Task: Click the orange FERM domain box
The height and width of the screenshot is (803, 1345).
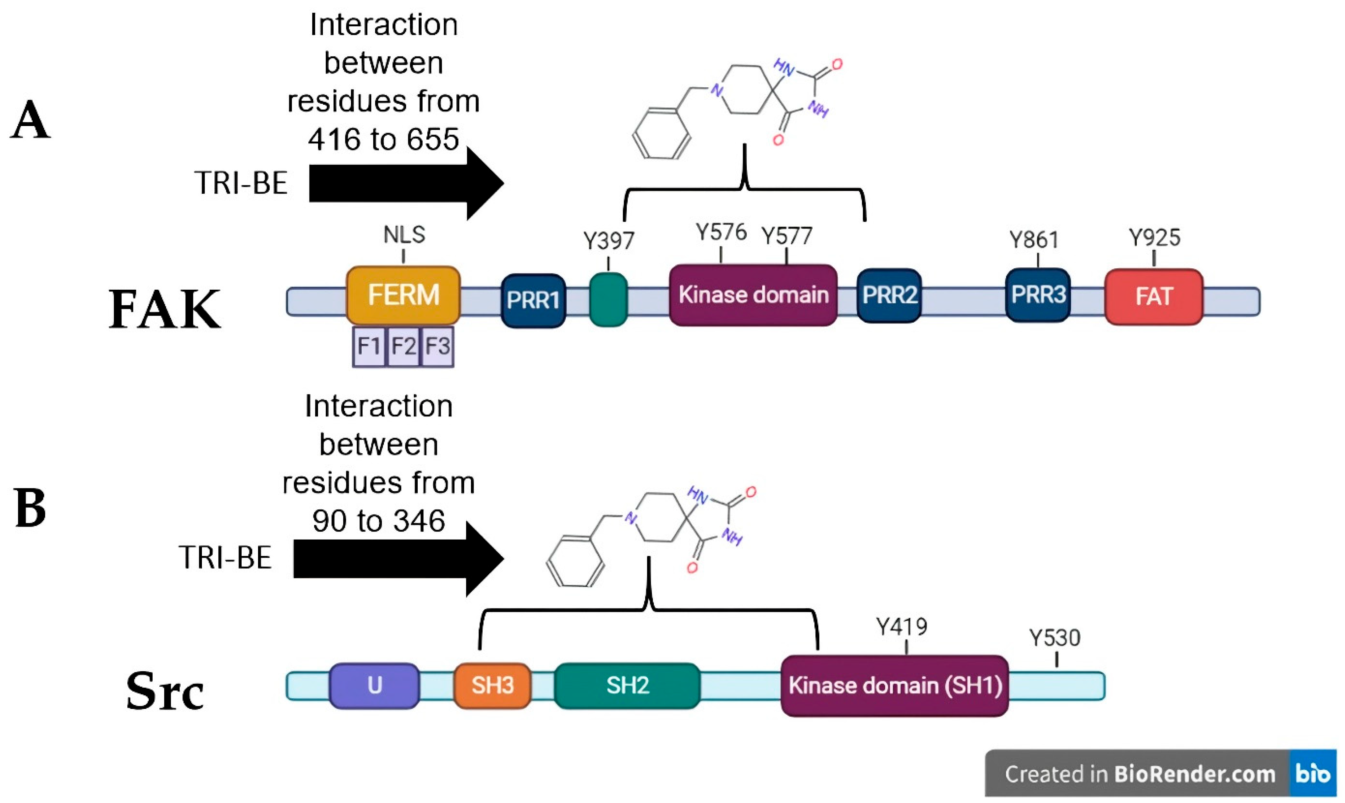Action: [x=403, y=295]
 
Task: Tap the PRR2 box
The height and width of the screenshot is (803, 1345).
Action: [x=889, y=295]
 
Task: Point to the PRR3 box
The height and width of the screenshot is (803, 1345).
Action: [x=1037, y=295]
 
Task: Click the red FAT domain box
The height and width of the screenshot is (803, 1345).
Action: [x=1154, y=296]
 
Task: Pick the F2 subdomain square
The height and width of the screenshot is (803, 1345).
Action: [x=403, y=346]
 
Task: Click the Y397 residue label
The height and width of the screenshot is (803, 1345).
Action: [x=608, y=241]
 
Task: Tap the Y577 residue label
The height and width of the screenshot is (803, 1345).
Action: [x=786, y=236]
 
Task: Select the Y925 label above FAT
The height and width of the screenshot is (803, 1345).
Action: [x=1154, y=237]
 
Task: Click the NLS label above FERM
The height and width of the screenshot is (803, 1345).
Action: [x=404, y=235]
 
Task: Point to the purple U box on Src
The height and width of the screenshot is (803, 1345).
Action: [x=374, y=685]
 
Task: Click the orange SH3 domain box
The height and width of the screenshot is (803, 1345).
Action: [x=492, y=685]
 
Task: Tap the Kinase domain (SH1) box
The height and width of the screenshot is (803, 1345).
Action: [x=895, y=685]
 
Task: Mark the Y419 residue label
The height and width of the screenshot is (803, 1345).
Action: [x=901, y=627]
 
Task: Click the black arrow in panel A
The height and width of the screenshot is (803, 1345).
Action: [x=406, y=184]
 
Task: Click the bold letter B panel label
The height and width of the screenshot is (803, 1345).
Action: [x=30, y=508]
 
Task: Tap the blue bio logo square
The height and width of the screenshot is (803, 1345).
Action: [x=1313, y=773]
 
